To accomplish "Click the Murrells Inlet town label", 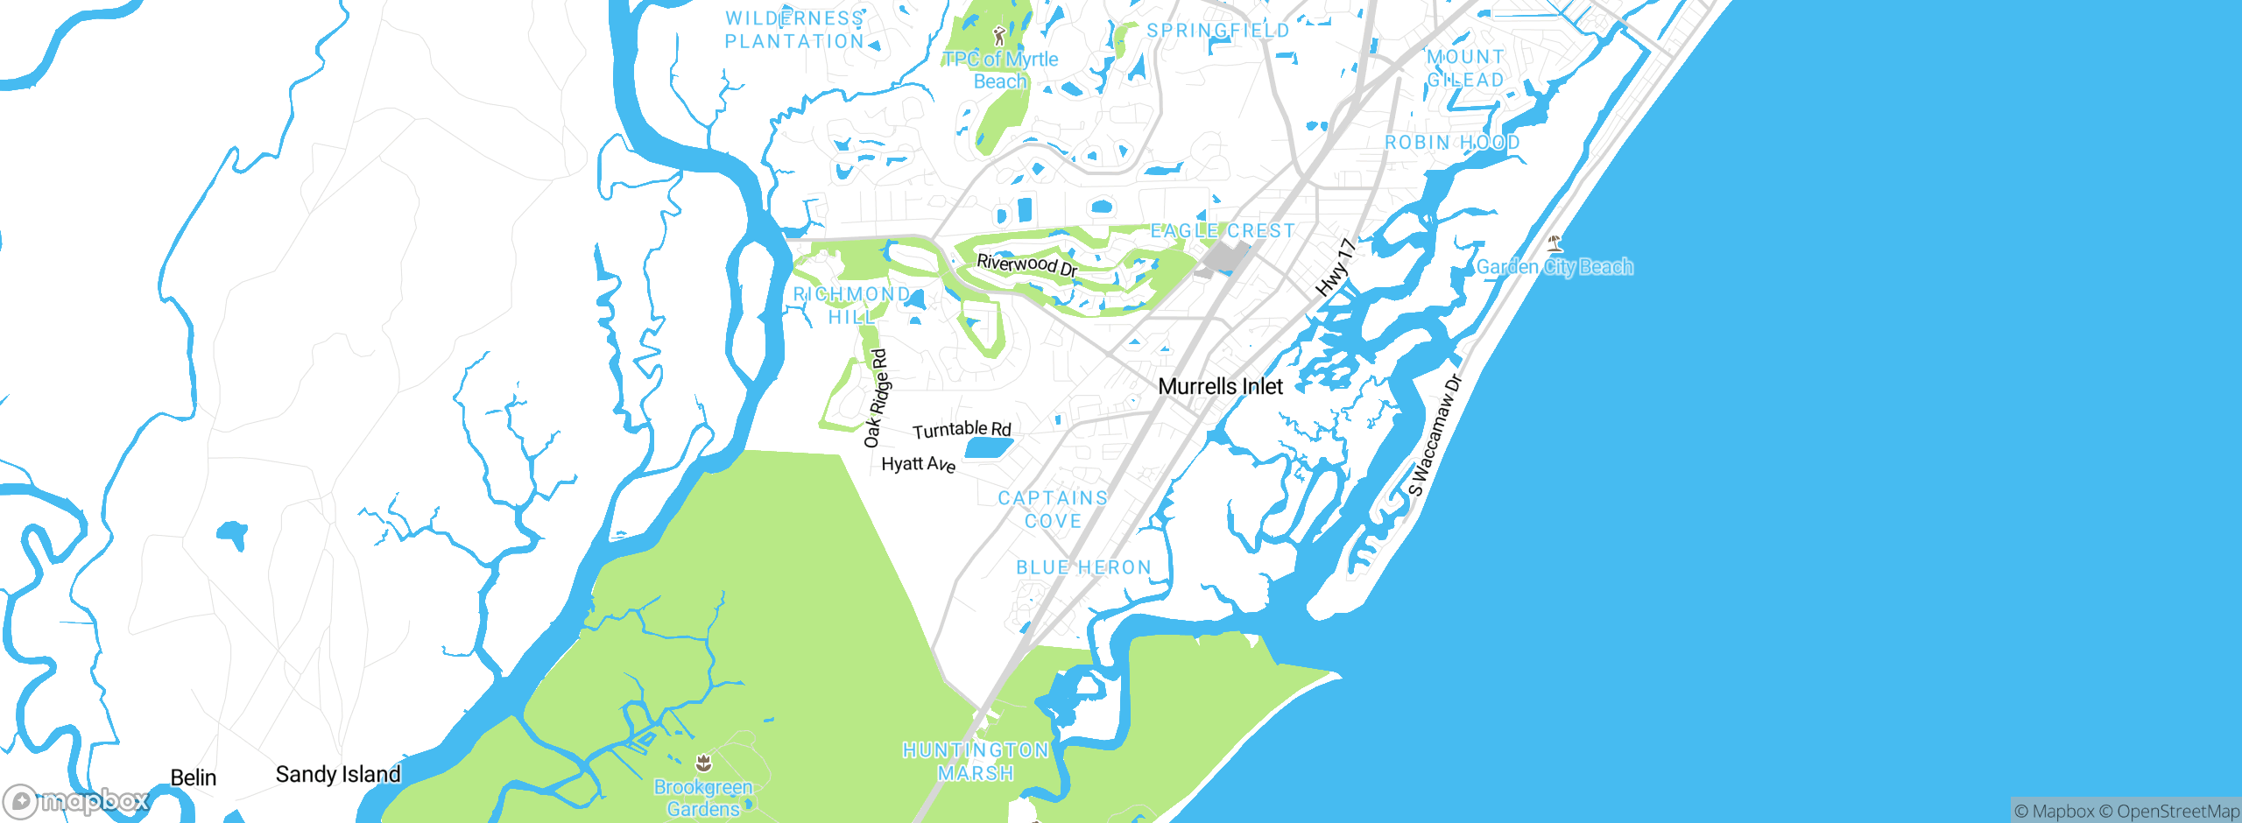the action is (x=1220, y=386).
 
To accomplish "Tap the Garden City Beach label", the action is (x=1555, y=266).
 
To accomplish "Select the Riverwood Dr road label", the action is (x=1026, y=264).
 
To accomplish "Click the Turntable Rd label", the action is (x=962, y=429).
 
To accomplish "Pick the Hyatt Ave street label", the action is (x=918, y=463).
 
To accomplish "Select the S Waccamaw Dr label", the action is (x=1435, y=435).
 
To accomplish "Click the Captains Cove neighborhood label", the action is (x=1053, y=509).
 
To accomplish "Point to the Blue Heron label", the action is (x=1083, y=567).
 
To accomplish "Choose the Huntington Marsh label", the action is (x=976, y=761).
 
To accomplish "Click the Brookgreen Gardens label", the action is (x=703, y=798).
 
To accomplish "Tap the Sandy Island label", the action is (x=338, y=774).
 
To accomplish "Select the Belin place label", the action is (x=194, y=777).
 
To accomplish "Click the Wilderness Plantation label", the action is (x=794, y=30).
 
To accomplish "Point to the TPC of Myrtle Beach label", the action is (x=1000, y=70).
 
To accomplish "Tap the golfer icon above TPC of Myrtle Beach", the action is (x=999, y=36).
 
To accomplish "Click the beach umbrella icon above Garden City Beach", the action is (x=1555, y=243).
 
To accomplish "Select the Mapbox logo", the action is (x=75, y=800).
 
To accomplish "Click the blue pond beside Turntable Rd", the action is (x=989, y=449).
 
